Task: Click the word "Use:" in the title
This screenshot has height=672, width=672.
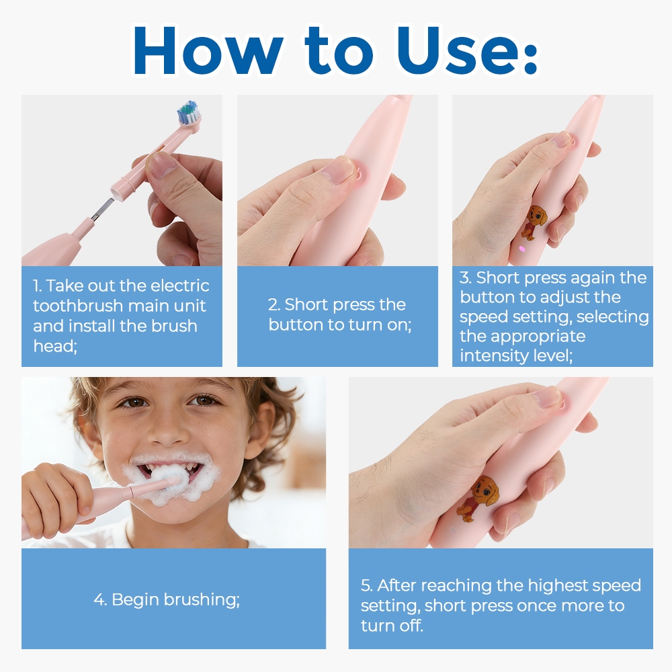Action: [466, 50]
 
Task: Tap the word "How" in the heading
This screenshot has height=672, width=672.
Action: [208, 50]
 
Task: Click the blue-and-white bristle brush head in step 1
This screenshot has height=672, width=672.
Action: [189, 112]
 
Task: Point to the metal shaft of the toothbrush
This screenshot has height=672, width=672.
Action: [101, 210]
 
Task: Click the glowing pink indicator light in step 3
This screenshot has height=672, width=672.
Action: [521, 248]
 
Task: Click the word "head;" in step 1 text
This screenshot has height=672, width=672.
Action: [55, 346]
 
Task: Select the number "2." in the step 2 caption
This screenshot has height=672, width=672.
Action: [274, 304]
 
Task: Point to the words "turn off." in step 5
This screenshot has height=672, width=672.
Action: [392, 626]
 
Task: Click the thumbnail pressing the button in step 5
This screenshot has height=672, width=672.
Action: [548, 396]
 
